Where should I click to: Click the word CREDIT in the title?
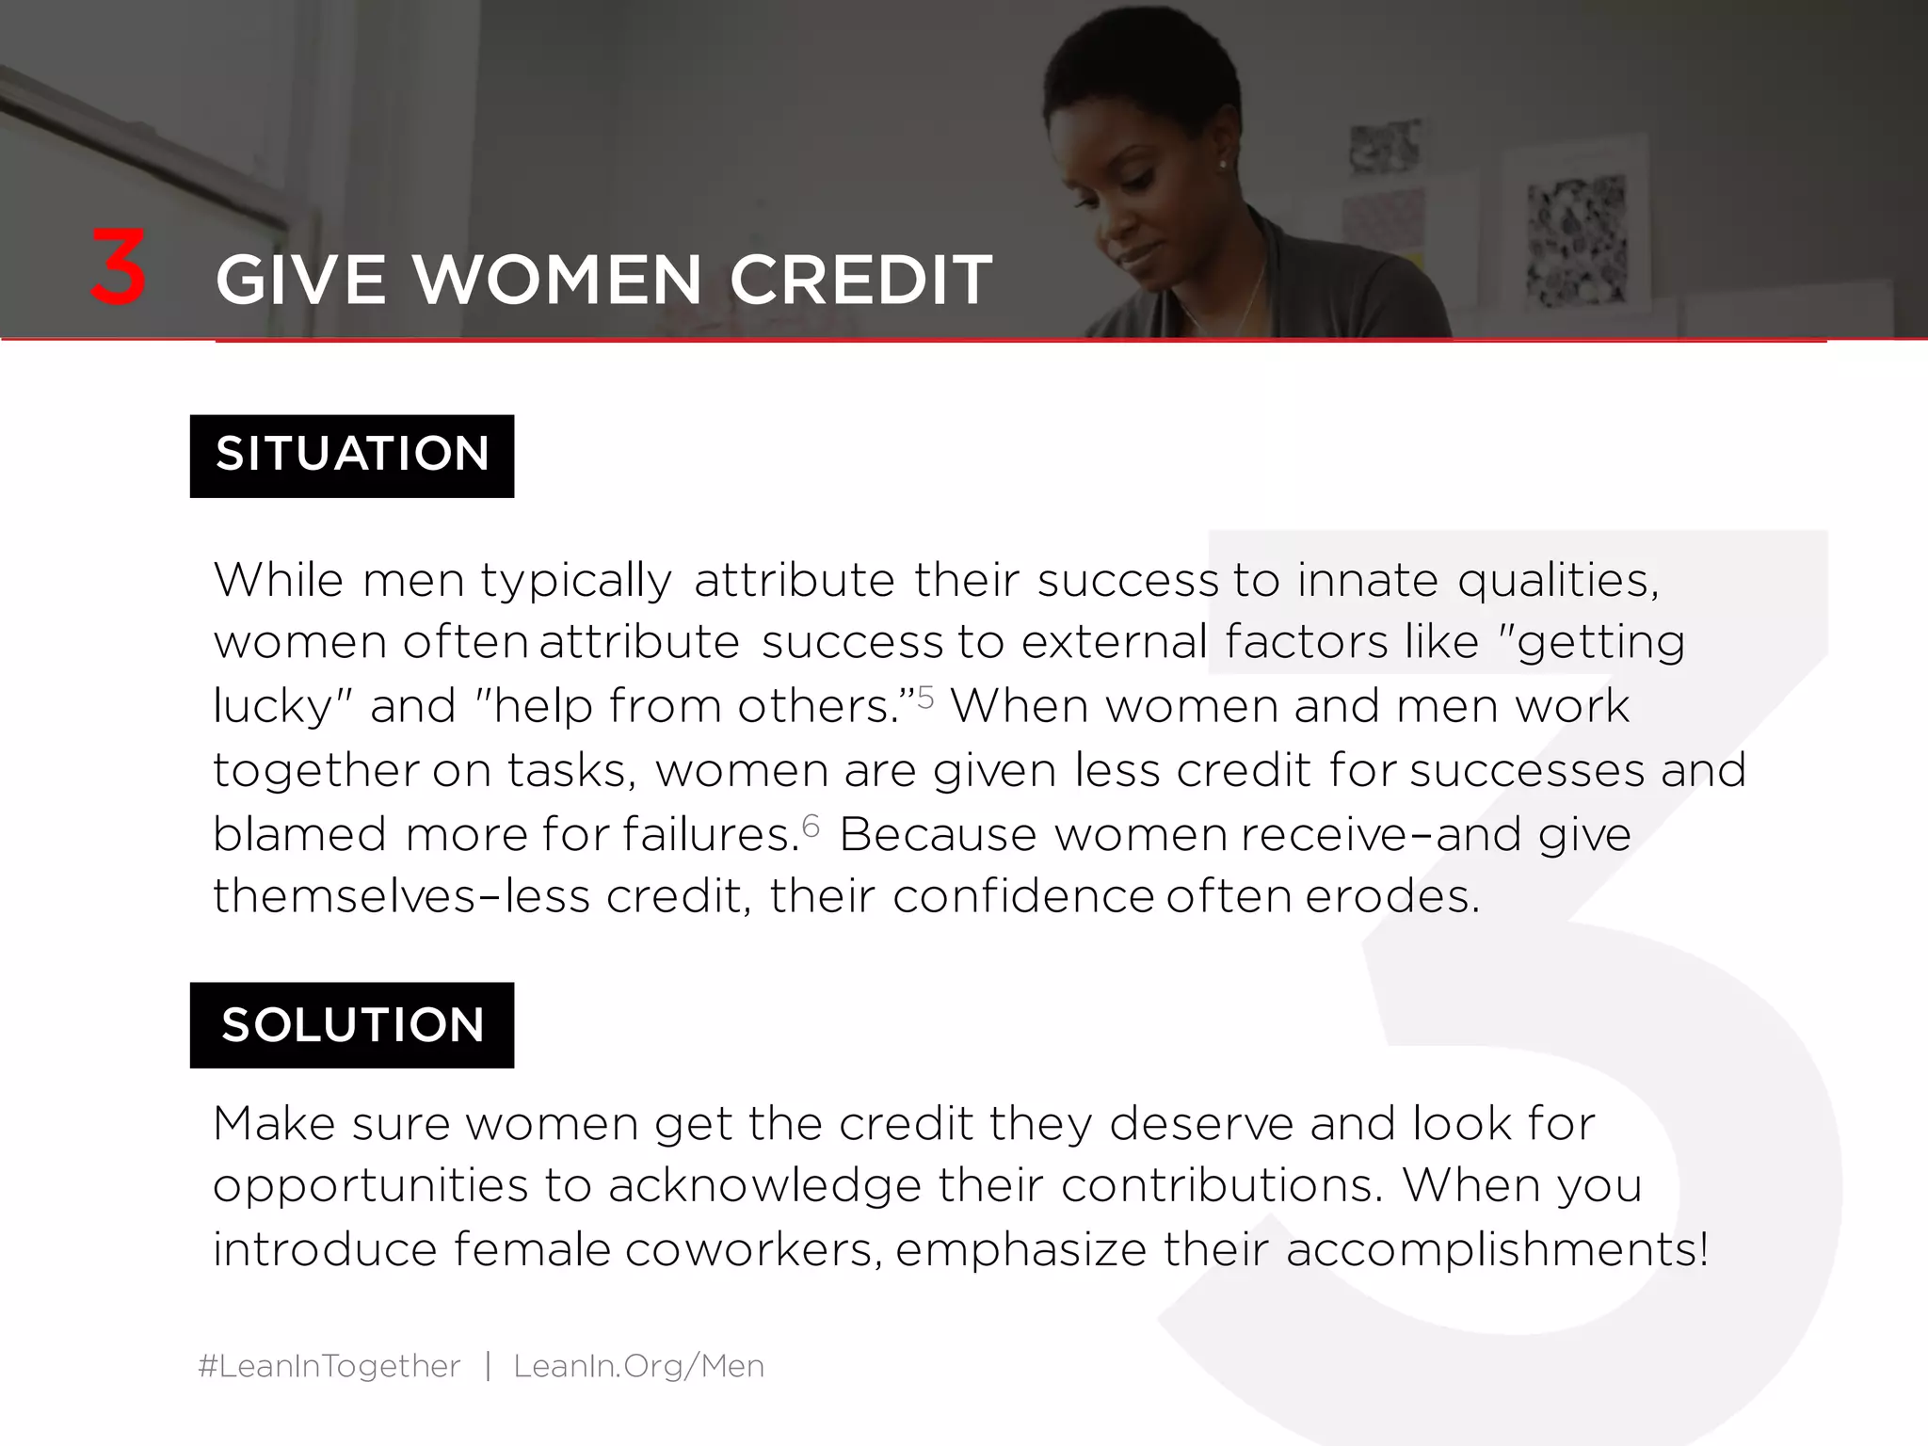coord(860,280)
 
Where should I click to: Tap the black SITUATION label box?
coord(352,456)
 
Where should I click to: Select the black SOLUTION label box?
coord(352,1024)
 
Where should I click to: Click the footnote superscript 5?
coord(925,698)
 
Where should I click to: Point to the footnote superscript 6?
coord(811,826)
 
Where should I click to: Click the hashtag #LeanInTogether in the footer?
coord(329,1365)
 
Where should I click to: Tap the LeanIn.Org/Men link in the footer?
coord(638,1365)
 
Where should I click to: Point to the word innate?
coord(1367,579)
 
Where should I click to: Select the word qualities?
coord(1558,581)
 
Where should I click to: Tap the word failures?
coord(710,834)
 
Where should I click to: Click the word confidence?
coord(1022,897)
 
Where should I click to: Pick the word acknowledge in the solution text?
coord(764,1186)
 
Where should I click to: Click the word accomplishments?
coord(1496,1251)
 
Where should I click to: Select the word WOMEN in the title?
coord(557,280)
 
